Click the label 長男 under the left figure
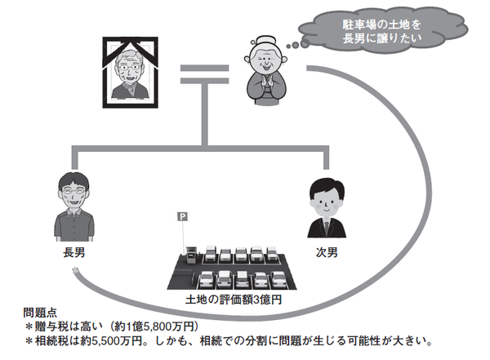coord(73,253)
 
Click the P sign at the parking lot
coord(181,217)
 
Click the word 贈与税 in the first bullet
coord(51,327)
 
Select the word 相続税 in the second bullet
coord(51,340)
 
